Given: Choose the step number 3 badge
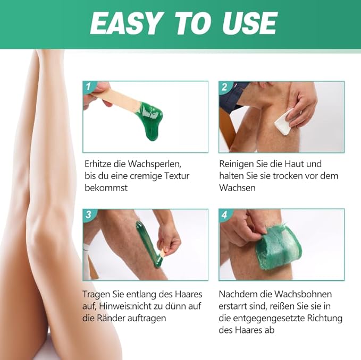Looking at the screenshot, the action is (x=89, y=215).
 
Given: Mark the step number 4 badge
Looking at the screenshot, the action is (x=225, y=215).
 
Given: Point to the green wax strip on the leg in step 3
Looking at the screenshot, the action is (x=149, y=244).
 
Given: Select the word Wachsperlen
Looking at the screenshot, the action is (x=155, y=164).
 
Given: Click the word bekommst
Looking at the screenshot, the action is (x=106, y=188).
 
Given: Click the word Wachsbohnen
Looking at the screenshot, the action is (x=303, y=294).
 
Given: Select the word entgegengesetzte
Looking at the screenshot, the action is (x=268, y=319).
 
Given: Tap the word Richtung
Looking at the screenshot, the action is (x=325, y=319).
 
